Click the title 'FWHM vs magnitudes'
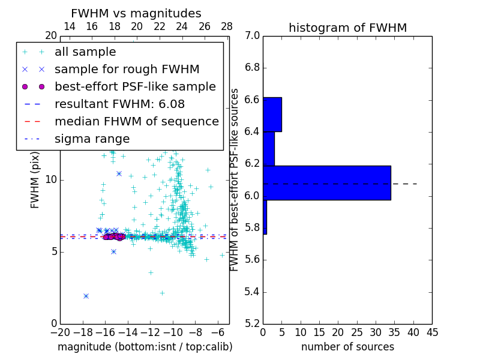pyautogui.click(x=136, y=13)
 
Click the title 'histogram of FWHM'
pyautogui.click(x=347, y=28)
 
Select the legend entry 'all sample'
pyautogui.click(x=85, y=52)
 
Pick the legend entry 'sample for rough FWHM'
pyautogui.click(x=127, y=69)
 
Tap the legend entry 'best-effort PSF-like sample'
pyautogui.click(x=135, y=86)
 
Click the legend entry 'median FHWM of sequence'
pyautogui.click(x=136, y=121)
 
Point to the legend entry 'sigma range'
pyautogui.click(x=92, y=139)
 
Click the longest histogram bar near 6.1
pyautogui.click(x=327, y=183)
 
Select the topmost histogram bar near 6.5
pyautogui.click(x=272, y=114)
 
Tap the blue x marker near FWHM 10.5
pyautogui.click(x=119, y=173)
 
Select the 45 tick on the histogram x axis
pyautogui.click(x=431, y=332)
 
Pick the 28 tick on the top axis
pyautogui.click(x=227, y=26)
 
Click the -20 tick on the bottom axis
pyautogui.click(x=60, y=332)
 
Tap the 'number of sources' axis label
pyautogui.click(x=347, y=347)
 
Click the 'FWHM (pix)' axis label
pyautogui.click(x=35, y=180)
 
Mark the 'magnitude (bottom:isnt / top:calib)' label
pyautogui.click(x=145, y=347)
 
